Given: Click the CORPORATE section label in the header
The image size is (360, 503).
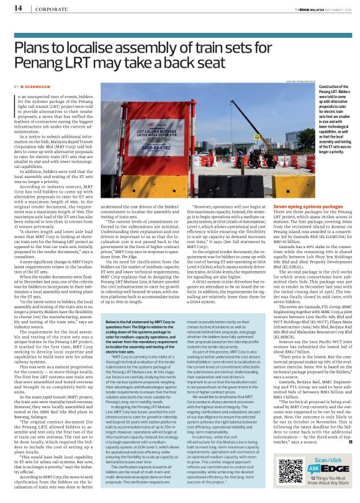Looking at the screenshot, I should click(44, 9).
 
